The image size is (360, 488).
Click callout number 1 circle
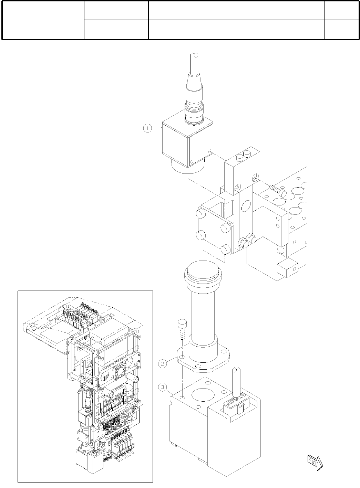coord(147,128)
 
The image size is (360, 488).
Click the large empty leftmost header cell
coord(43,20)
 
